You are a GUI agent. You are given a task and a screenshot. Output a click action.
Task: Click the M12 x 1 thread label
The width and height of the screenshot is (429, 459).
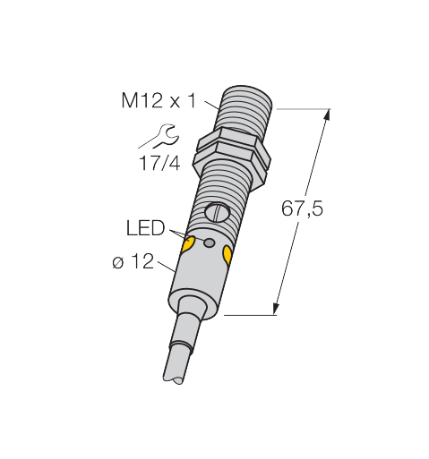click(159, 100)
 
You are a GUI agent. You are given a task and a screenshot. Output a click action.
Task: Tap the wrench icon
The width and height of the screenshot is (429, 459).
click(159, 137)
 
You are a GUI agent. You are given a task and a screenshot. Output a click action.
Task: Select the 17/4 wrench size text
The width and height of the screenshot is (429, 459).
click(159, 164)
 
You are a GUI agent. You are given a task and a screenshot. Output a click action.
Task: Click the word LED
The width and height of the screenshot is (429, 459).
click(145, 228)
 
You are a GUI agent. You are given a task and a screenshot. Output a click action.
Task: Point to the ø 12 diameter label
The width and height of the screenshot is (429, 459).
click(133, 261)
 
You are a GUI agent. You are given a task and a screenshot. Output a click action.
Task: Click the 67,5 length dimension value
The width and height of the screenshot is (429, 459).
click(302, 208)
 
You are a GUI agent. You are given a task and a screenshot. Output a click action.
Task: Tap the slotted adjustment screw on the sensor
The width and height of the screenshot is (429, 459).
click(217, 211)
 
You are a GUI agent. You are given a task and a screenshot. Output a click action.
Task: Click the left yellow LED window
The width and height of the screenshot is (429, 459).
click(188, 243)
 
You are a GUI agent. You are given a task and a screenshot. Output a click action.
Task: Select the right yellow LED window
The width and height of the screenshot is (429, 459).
click(227, 255)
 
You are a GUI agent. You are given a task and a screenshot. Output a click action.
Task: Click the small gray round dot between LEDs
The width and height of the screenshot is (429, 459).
click(209, 242)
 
